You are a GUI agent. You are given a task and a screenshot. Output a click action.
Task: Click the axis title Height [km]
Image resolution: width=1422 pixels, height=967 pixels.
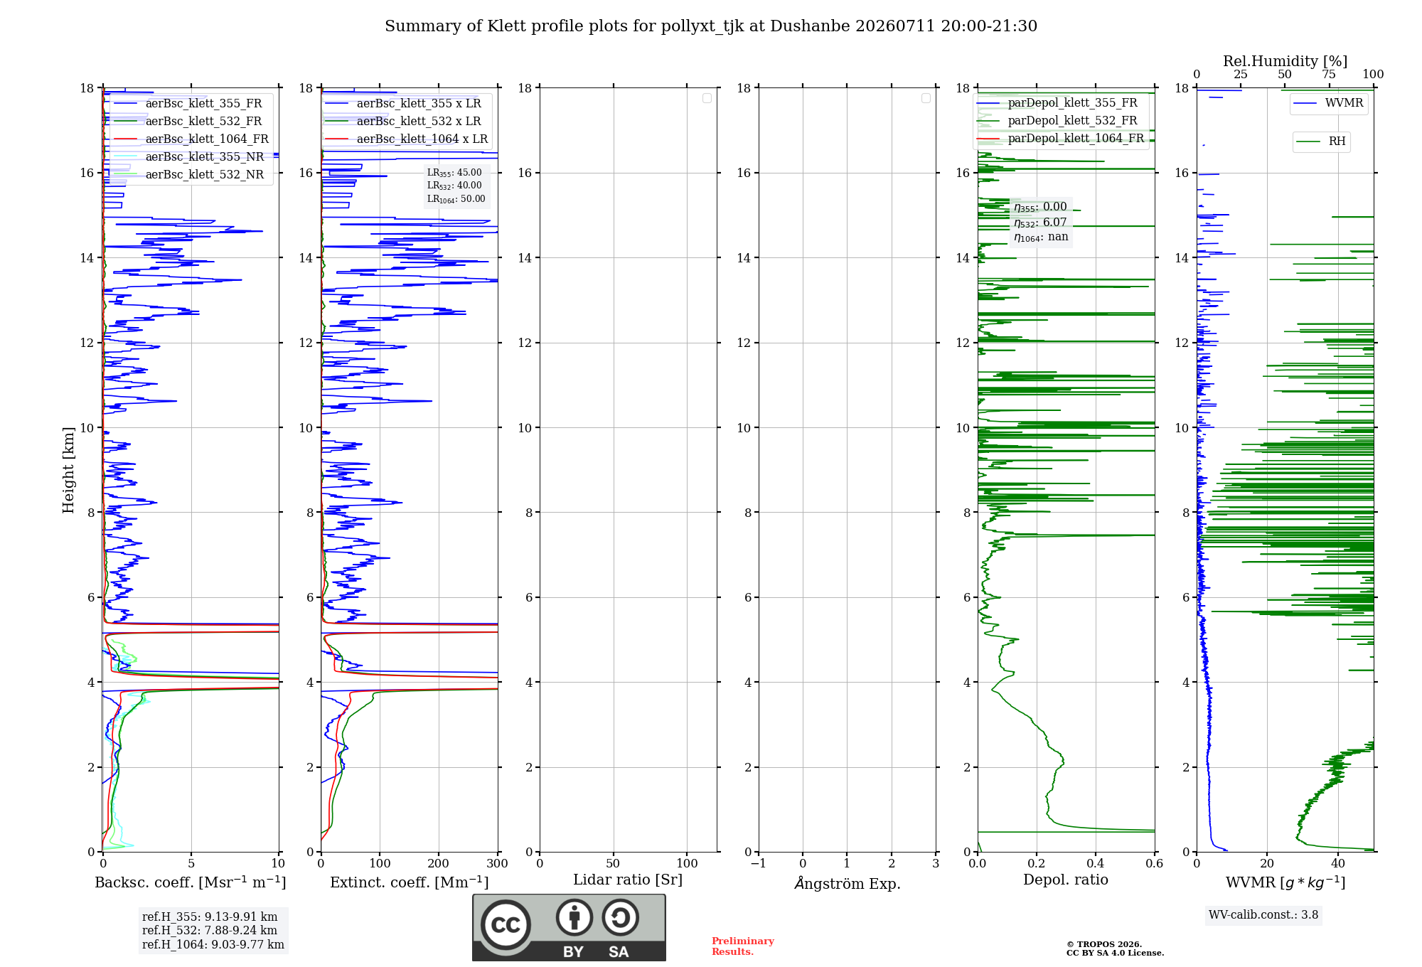pos(68,470)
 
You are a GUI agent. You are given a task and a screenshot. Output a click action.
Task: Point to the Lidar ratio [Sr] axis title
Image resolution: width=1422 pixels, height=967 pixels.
pos(628,880)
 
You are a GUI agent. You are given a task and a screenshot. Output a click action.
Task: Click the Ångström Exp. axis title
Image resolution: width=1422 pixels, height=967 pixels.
pos(848,882)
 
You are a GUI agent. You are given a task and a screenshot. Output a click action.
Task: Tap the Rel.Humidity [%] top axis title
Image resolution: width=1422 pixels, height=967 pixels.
pos(1285,61)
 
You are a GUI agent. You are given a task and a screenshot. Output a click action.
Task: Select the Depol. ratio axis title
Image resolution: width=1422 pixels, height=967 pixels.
pos(1066,880)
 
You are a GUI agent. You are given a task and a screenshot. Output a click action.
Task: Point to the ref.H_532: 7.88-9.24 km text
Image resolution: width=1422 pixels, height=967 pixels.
pos(210,930)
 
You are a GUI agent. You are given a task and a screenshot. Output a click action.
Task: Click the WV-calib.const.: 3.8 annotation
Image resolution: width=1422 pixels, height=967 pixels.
pos(1263,914)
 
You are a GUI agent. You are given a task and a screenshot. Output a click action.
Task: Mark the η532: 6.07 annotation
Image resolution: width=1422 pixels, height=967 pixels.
pos(1040,223)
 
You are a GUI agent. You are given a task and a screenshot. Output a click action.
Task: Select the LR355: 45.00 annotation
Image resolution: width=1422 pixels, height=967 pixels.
pos(454,173)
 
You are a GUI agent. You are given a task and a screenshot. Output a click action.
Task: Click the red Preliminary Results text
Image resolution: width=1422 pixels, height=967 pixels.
pos(743,946)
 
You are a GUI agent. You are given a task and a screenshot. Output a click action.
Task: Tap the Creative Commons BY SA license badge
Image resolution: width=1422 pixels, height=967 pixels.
pos(569,927)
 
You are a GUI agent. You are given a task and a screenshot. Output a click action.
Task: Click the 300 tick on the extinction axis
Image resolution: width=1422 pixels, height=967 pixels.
pos(498,863)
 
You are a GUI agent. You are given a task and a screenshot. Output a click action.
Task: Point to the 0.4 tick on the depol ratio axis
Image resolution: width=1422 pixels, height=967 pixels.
pos(1096,863)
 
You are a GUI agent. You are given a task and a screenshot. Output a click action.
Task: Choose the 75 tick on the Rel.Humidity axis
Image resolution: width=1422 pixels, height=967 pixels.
pos(1329,74)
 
